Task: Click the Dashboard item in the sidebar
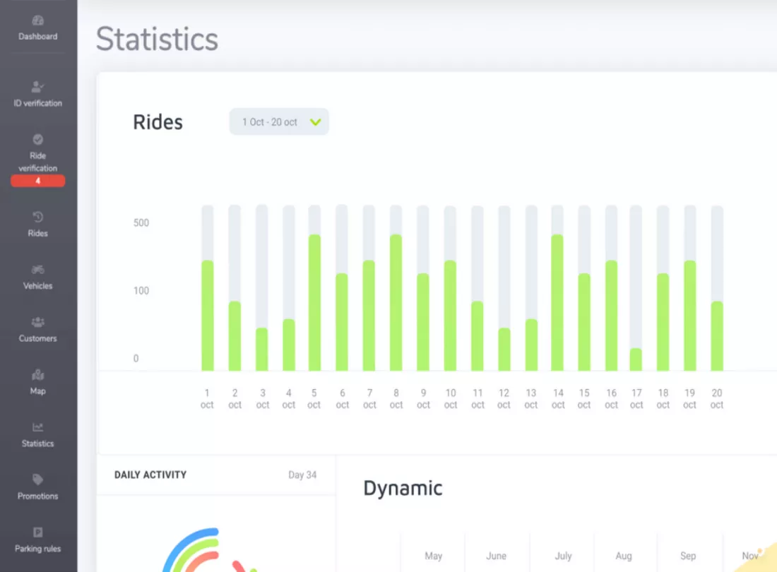(37, 28)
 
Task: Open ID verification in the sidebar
(37, 94)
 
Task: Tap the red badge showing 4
(37, 181)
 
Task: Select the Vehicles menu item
(37, 278)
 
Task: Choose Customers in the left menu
(37, 330)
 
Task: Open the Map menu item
(37, 382)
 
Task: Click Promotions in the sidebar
(37, 487)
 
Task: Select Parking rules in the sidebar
(37, 540)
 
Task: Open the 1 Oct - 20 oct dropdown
(279, 122)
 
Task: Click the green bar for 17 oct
(636, 359)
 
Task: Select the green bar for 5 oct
(314, 302)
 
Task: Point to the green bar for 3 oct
(261, 349)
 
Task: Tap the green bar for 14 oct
(557, 302)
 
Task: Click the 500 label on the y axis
(141, 223)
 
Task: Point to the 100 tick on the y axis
(141, 291)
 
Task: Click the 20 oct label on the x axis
(716, 399)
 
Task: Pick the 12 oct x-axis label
(504, 399)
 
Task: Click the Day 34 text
(302, 475)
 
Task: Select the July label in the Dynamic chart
(563, 556)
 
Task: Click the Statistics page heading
(157, 39)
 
